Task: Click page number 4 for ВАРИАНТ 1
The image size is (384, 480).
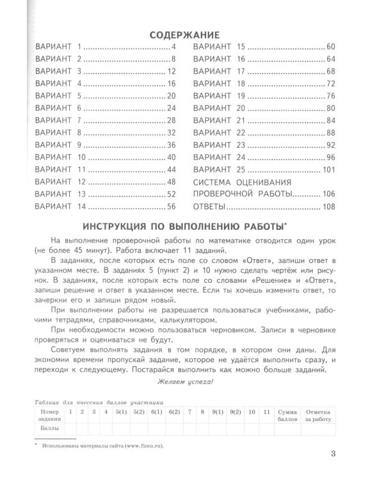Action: [x=173, y=47]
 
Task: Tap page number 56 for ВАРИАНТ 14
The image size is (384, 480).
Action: [x=170, y=206]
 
